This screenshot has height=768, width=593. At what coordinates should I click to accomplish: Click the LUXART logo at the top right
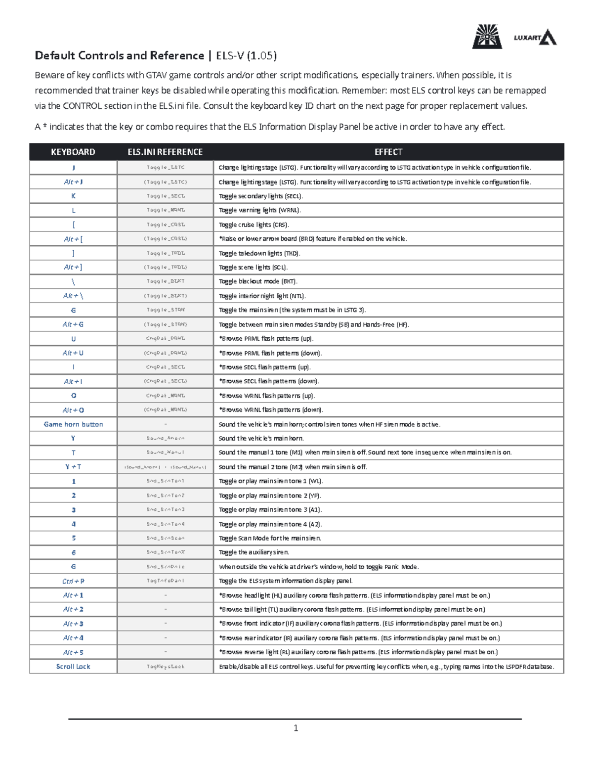coord(535,38)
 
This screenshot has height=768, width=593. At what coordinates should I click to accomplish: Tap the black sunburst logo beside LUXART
coord(487,37)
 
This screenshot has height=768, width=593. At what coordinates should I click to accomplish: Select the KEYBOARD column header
coord(73,152)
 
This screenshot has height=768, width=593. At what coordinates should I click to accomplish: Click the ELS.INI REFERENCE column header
coord(165,152)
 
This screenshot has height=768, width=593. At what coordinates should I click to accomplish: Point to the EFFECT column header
coord(388,152)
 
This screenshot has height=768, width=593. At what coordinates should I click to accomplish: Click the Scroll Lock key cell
coord(73,667)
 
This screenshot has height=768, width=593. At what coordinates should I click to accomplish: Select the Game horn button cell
coord(73,424)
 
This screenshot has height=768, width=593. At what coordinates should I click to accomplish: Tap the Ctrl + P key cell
coord(73,581)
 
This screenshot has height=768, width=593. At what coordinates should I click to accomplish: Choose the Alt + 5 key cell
coord(73,652)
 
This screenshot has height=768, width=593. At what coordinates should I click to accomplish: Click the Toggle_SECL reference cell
coord(165,196)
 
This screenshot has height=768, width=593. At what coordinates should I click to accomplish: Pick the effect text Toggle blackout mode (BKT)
coord(258,281)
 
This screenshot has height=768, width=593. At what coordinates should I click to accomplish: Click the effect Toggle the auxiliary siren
coord(254,552)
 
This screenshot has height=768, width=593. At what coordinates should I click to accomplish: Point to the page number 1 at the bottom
coord(296,728)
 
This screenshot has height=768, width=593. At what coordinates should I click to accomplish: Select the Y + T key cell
coord(73,467)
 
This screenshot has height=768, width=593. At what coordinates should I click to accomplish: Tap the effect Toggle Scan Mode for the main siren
coord(270,538)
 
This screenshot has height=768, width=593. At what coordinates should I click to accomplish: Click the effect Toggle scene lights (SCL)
coord(253,268)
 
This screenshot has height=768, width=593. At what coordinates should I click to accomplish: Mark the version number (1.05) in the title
coord(262,55)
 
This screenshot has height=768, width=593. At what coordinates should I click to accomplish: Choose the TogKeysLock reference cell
coord(165,667)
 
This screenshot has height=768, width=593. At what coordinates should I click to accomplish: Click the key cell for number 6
coord(73,552)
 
